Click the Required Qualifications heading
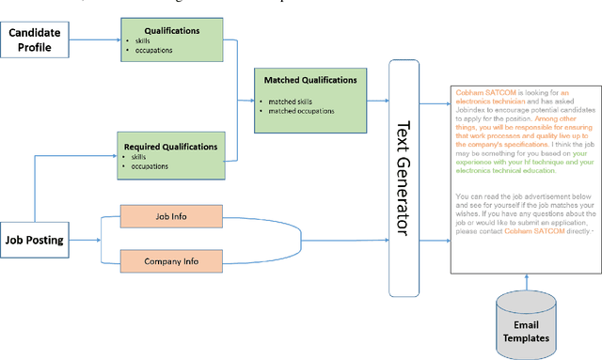tap(171, 147)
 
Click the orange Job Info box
tap(171, 217)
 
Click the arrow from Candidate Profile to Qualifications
tap(94, 39)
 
